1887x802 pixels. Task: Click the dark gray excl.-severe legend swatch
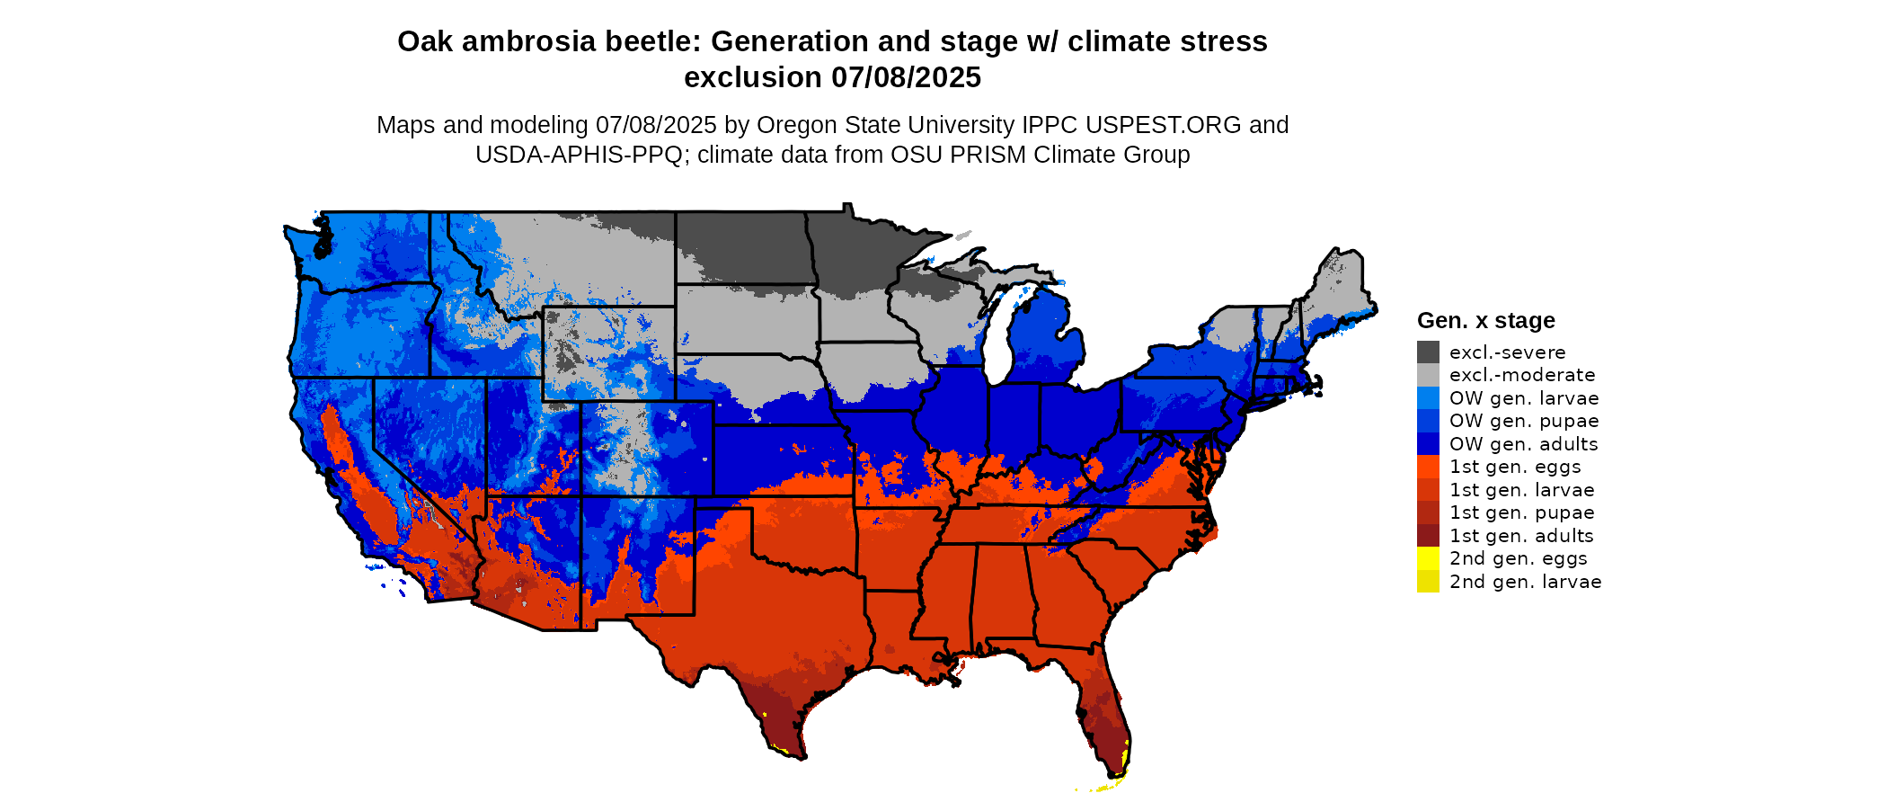[x=1428, y=352]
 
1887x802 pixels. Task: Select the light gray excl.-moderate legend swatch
[x=1428, y=375]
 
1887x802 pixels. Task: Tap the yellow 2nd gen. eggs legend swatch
[x=1428, y=558]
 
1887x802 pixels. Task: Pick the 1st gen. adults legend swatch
[x=1428, y=536]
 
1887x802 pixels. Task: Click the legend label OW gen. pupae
[x=1524, y=421]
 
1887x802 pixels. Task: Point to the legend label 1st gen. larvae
[x=1521, y=490]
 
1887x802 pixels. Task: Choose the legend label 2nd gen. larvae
[x=1525, y=582]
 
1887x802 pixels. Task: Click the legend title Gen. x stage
[x=1485, y=321]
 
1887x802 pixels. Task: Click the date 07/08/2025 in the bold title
[x=906, y=78]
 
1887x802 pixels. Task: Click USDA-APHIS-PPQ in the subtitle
[x=579, y=155]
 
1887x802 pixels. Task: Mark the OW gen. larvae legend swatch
[x=1428, y=398]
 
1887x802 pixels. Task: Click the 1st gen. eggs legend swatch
[x=1428, y=467]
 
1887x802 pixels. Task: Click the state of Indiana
[x=1014, y=423]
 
